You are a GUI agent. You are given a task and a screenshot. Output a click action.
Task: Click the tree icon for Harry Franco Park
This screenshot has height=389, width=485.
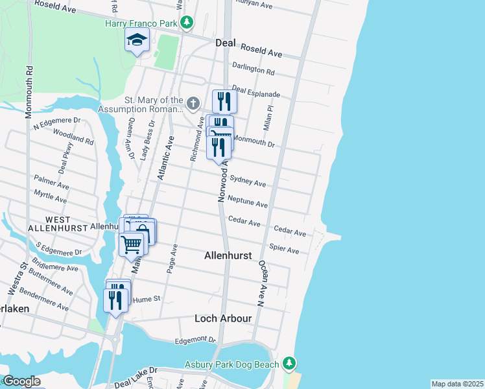coord(187,23)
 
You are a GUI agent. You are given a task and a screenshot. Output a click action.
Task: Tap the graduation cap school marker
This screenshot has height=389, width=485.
coord(137,41)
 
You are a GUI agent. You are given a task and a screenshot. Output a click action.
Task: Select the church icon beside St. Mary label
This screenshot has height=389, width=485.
coord(193,104)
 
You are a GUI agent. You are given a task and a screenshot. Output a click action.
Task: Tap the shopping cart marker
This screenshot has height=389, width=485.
coord(132,244)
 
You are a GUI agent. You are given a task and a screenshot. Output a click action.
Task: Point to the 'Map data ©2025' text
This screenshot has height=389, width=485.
coord(457,384)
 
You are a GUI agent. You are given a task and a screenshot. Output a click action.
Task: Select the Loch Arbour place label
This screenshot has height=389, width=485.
coord(223,318)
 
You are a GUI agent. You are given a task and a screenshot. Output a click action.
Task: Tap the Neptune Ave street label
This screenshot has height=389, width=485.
coord(248,203)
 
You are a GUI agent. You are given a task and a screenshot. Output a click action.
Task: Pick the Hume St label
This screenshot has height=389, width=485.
coord(141,300)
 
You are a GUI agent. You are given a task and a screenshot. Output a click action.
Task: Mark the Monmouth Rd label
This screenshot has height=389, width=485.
coord(29,91)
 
